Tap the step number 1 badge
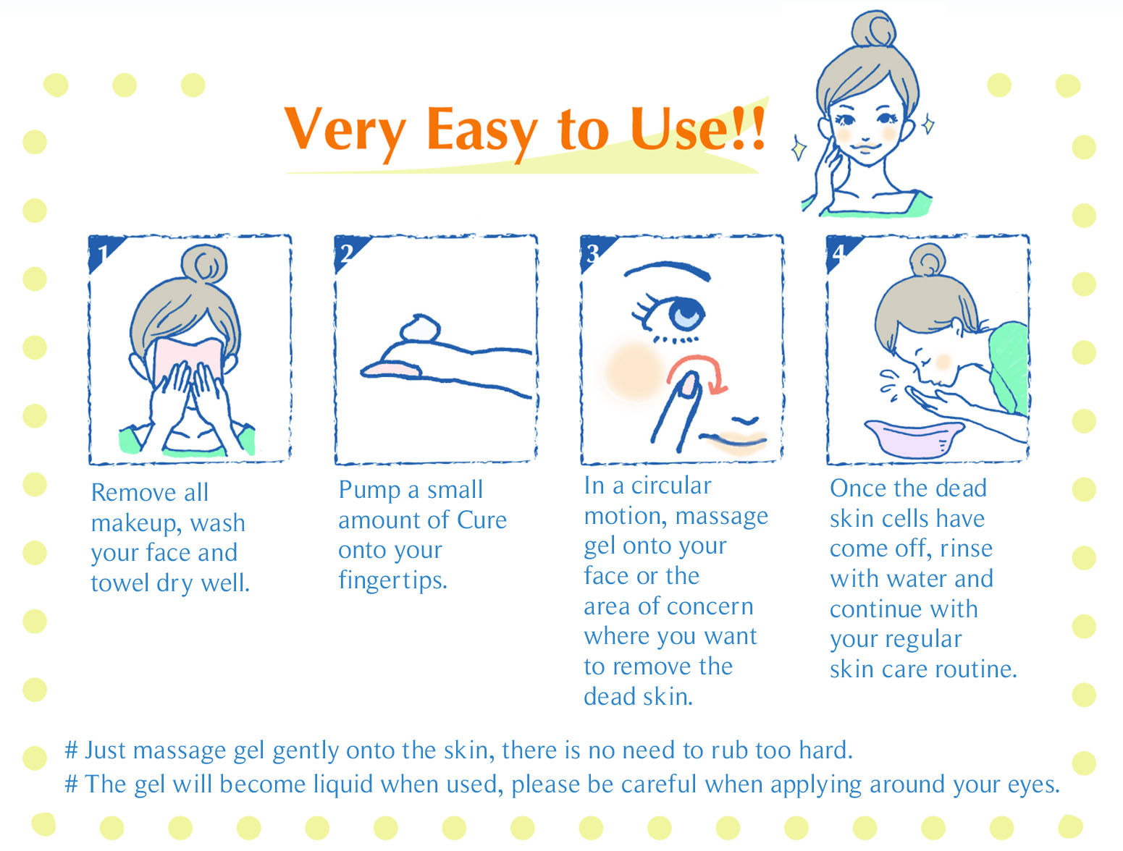coord(102,251)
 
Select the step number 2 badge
coord(347,251)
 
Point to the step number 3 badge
coord(593,251)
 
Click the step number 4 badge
coord(838,251)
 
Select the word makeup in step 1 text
coord(134,524)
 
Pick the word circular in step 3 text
coord(671,486)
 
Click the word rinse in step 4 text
coord(966,549)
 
